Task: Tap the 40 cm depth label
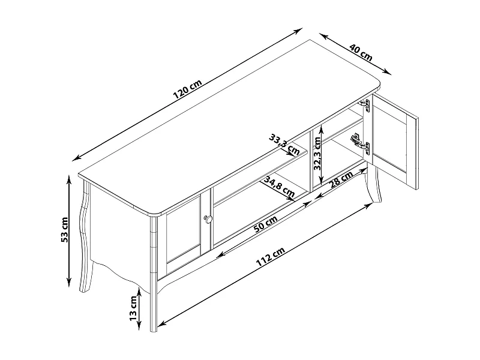[x=361, y=53]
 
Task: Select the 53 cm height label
[x=65, y=230]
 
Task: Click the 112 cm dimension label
[x=271, y=257]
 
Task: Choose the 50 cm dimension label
[x=266, y=224]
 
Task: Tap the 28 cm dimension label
[x=341, y=179]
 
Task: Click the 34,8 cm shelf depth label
[x=279, y=187]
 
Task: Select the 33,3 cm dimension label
[x=284, y=145]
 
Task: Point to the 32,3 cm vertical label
[x=317, y=154]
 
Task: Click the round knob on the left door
[x=208, y=219]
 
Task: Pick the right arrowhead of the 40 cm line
[x=388, y=72]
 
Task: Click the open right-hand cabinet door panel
[x=395, y=142]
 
